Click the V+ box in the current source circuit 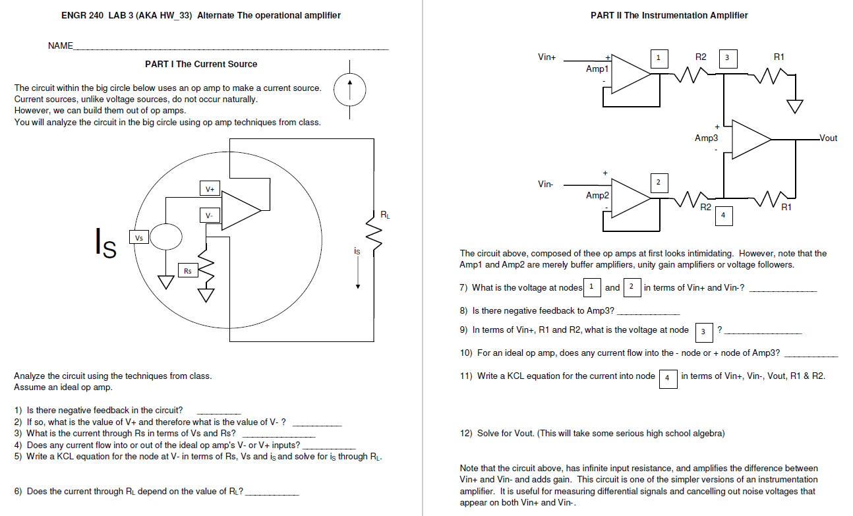point(210,189)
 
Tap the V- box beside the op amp point(209,215)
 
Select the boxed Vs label point(139,238)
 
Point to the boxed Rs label point(188,271)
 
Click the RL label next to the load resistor point(386,214)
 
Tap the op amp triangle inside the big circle point(239,210)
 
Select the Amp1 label point(597,69)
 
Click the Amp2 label point(597,196)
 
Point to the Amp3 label point(706,138)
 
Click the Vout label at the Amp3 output point(827,138)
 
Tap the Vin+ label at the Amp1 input point(547,57)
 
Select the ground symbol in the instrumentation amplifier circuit point(797,106)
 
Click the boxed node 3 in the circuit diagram point(726,58)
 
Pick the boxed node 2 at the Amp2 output point(658,182)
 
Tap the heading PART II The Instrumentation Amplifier point(669,15)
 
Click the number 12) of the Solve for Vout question point(465,434)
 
